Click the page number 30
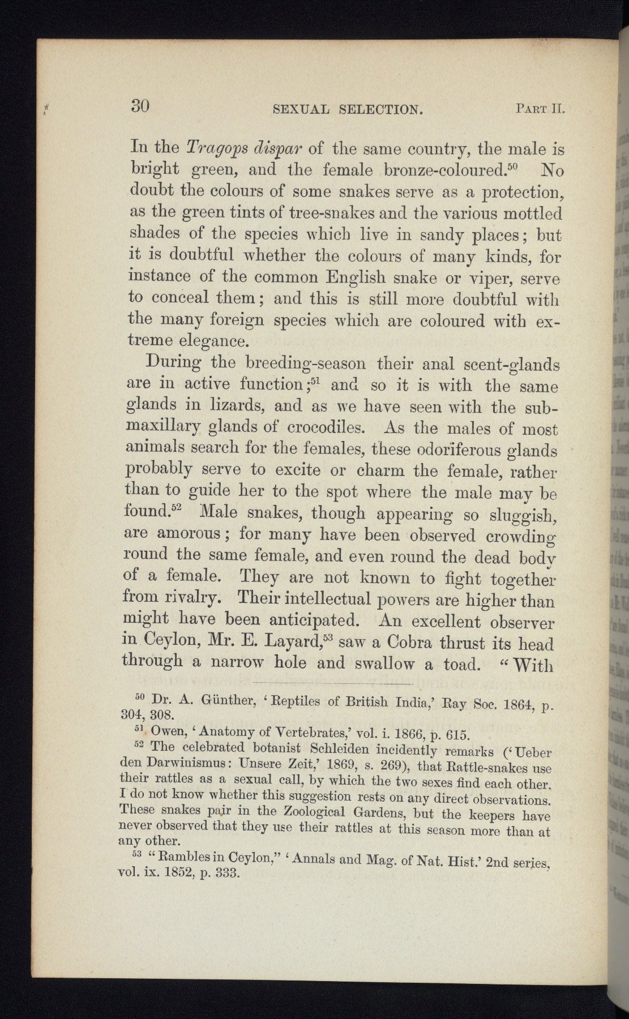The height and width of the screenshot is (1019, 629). pyautogui.click(x=139, y=106)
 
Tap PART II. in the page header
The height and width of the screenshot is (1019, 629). pyautogui.click(x=540, y=108)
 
